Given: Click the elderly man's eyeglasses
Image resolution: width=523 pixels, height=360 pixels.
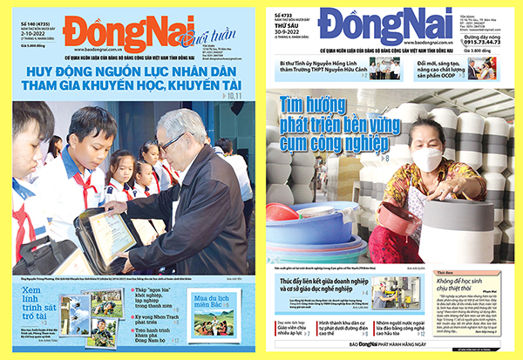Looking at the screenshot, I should coord(171,141).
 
